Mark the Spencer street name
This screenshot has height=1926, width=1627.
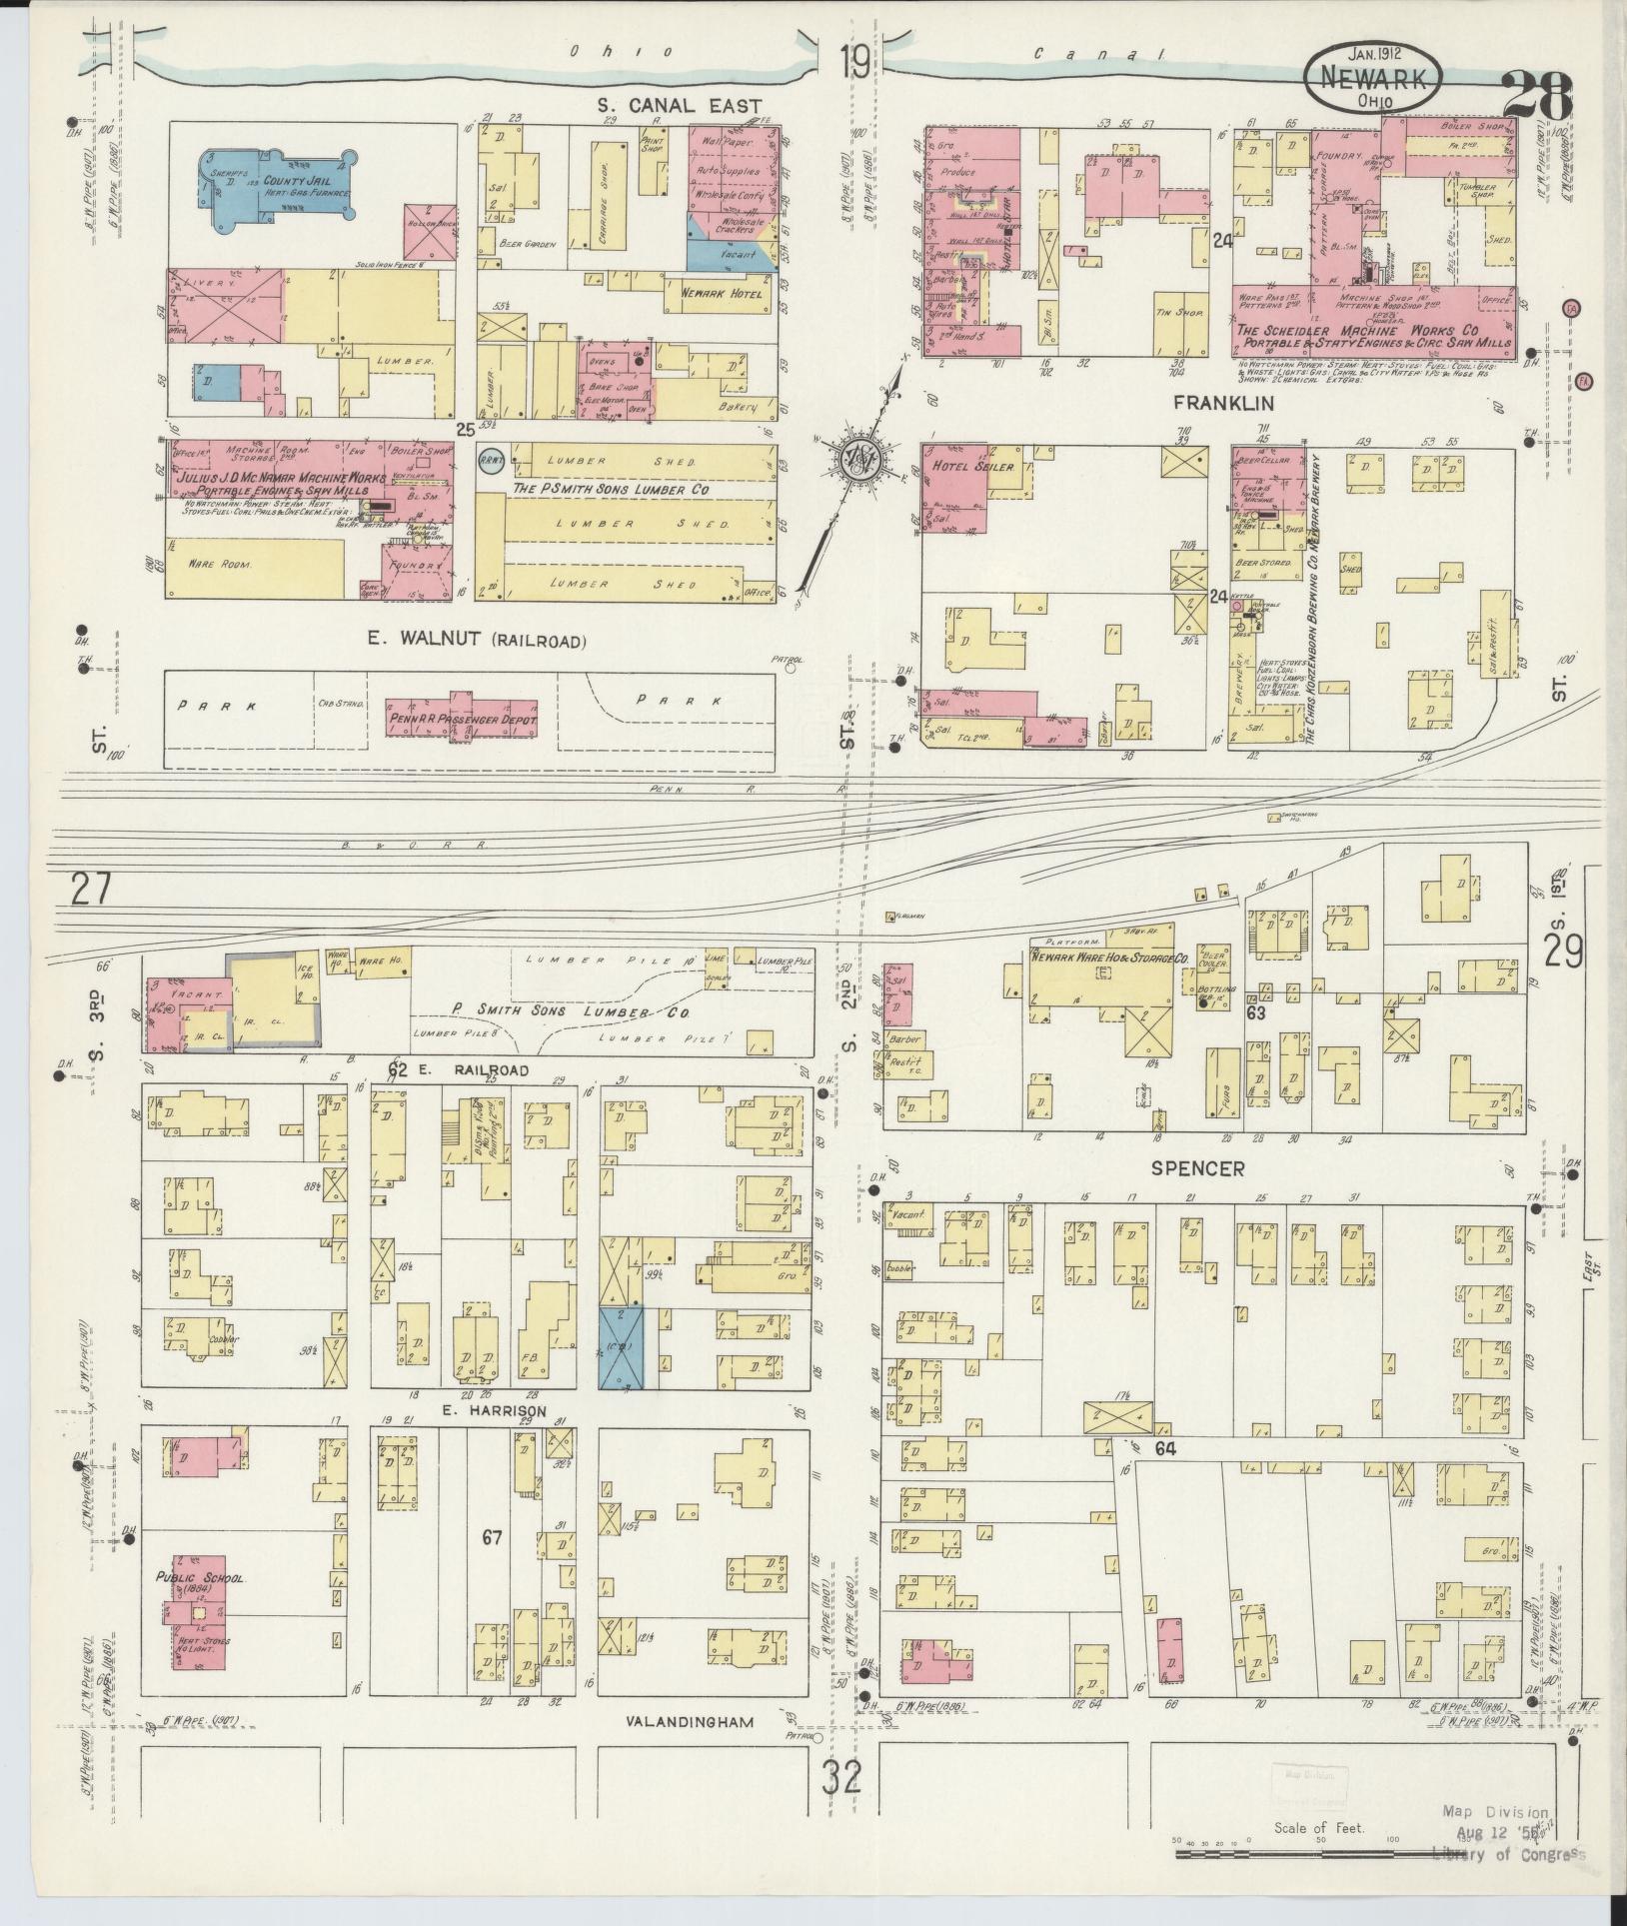pos(1197,1167)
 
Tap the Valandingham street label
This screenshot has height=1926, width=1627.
pos(689,1722)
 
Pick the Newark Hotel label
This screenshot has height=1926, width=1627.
pos(722,293)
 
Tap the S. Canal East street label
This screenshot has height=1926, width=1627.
pos(680,106)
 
